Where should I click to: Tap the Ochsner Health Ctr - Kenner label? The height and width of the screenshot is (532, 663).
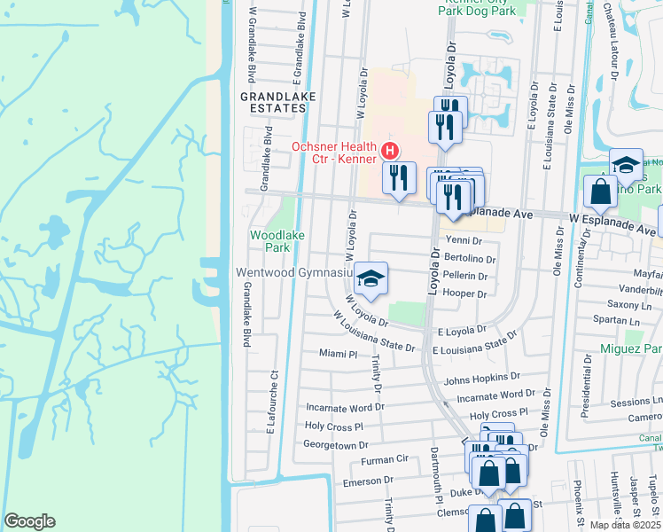[x=335, y=146]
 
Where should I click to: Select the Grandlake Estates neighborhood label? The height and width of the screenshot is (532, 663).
[x=268, y=100]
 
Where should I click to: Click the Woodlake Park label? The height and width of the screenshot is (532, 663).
[x=270, y=241]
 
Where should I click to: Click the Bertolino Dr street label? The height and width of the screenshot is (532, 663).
[x=470, y=258]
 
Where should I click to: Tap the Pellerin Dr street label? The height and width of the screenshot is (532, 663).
[x=464, y=276]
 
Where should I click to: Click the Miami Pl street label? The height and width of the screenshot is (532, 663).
[x=337, y=354]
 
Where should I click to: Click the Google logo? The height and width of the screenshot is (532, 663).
[x=29, y=521]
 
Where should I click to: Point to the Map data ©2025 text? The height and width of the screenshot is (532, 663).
[x=625, y=525]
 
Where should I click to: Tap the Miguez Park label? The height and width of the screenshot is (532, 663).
[x=632, y=349]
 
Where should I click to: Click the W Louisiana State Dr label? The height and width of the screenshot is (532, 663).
[x=374, y=332]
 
